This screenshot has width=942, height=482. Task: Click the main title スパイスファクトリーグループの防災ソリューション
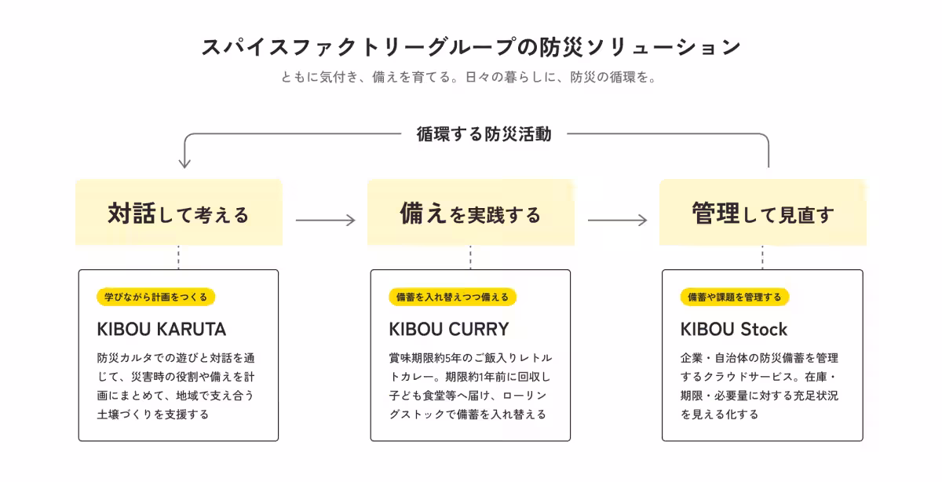tap(471, 46)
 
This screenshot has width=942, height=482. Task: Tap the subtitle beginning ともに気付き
tap(469, 78)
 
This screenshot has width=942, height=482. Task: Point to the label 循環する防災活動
tap(484, 134)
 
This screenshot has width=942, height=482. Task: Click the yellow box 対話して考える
tap(179, 213)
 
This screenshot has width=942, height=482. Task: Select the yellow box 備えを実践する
tap(470, 213)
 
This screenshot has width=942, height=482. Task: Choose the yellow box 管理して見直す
tap(762, 213)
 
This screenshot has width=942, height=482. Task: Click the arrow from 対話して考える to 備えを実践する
tap(326, 220)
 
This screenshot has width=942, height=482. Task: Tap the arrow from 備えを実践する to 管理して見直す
tap(617, 220)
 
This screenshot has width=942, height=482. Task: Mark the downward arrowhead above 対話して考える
tap(184, 163)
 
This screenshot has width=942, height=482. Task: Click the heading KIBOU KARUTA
tap(162, 330)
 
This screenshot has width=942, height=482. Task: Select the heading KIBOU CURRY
tap(449, 330)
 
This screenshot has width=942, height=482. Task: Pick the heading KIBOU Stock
tap(734, 330)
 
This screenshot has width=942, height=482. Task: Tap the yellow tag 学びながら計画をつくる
tap(155, 297)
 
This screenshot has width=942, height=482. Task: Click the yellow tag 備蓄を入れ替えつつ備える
tap(452, 297)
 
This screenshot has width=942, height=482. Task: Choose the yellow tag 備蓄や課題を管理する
tap(735, 297)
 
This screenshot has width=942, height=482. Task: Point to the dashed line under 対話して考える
tap(179, 257)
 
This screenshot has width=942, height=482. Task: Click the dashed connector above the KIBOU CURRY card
tap(470, 257)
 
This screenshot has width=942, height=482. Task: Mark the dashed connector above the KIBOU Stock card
tap(762, 257)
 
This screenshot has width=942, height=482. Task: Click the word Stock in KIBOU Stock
tap(764, 330)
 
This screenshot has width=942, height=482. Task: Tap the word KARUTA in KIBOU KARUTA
tap(192, 330)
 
